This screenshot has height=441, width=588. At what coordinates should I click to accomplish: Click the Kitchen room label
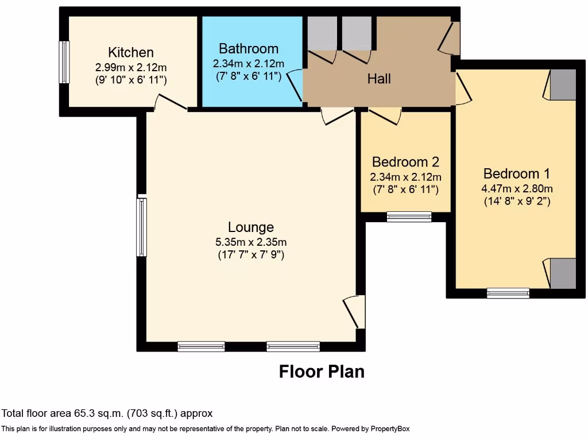point(131,53)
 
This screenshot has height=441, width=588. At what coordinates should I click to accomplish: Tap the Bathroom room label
point(248,49)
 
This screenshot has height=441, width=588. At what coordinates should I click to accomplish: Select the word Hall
point(379,78)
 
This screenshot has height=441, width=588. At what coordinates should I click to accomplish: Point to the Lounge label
point(250,227)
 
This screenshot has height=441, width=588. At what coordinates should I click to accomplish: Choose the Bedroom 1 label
point(512,174)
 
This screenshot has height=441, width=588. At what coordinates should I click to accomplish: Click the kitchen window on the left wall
point(64,62)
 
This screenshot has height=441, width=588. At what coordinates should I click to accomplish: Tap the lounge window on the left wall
point(141,227)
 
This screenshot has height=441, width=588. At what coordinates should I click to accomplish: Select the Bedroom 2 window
point(409,216)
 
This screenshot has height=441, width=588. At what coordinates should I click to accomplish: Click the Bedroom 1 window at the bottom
point(508,293)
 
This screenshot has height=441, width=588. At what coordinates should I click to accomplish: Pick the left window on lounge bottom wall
point(201,346)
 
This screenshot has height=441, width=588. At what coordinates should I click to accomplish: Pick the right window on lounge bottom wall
point(293,346)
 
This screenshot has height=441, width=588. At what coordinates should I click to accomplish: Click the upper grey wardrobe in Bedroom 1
point(563,84)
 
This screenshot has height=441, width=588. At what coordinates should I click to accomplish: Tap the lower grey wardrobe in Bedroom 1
point(563,273)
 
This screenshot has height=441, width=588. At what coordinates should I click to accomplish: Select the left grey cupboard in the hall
point(322,33)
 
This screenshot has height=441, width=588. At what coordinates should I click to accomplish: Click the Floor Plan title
point(322,372)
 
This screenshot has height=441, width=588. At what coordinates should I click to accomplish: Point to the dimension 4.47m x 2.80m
point(517,189)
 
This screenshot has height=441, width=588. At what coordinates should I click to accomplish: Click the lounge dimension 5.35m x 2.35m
point(250,242)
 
